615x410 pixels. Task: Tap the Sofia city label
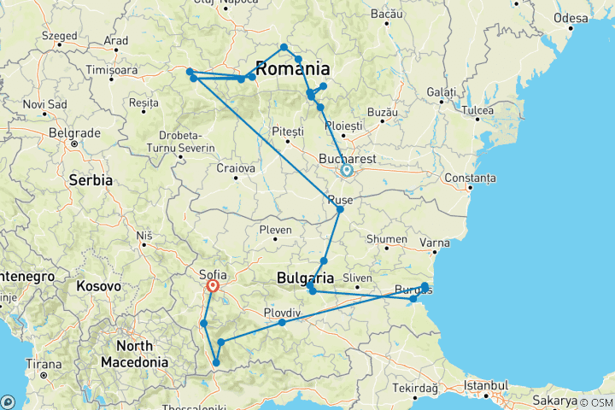click(212, 275)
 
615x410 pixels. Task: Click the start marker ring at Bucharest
click(347, 171)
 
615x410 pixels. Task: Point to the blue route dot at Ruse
click(340, 209)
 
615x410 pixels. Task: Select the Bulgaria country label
click(305, 278)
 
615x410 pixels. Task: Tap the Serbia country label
click(91, 180)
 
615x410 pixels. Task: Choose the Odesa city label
click(570, 18)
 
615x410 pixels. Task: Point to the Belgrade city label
click(70, 133)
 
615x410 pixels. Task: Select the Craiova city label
click(237, 169)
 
